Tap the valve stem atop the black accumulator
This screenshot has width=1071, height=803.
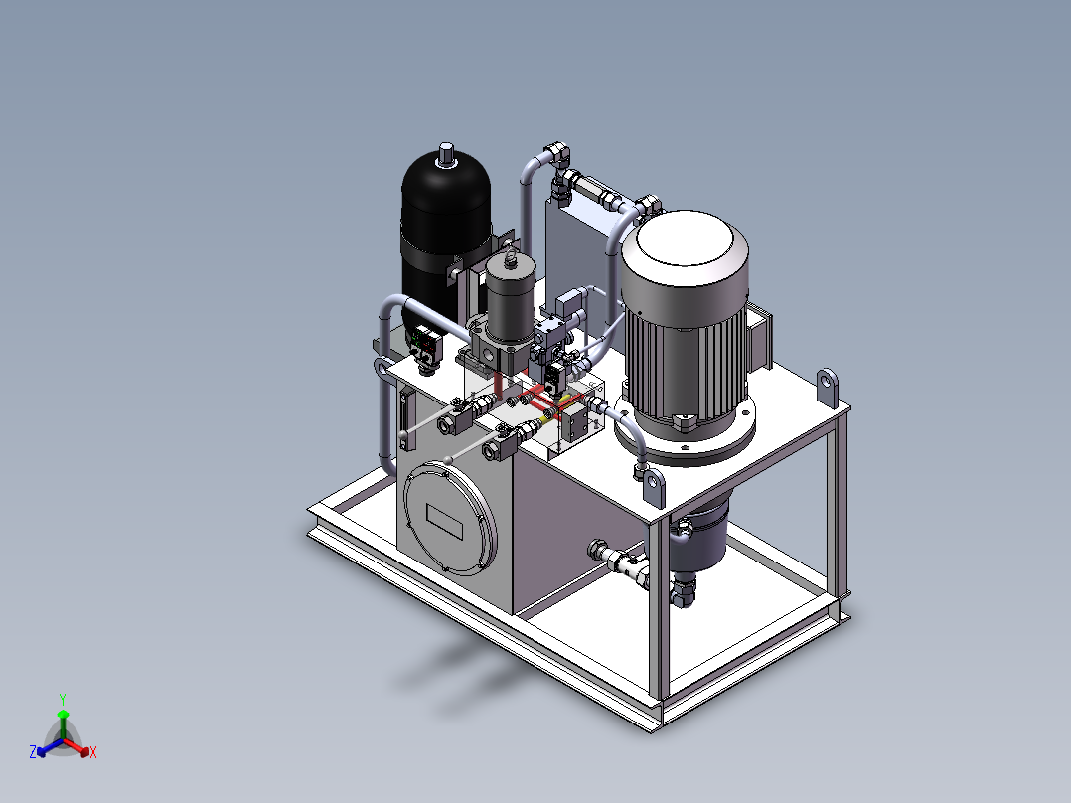pyautogui.click(x=447, y=154)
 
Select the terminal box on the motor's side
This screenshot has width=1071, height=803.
pyautogui.click(x=760, y=338)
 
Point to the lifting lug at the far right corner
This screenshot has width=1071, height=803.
pyautogui.click(x=828, y=388)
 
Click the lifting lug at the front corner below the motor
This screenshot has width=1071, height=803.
pyautogui.click(x=654, y=487)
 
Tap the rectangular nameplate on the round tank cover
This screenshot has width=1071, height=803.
pyautogui.click(x=445, y=522)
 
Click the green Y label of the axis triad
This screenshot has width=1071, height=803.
pyautogui.click(x=63, y=699)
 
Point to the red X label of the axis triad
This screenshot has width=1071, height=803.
pyautogui.click(x=93, y=752)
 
